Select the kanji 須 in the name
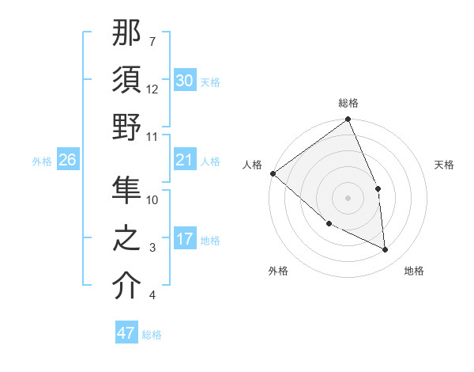click(126, 80)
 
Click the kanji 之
click(126, 238)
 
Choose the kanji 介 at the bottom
click(126, 287)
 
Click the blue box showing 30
click(185, 81)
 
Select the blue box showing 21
click(185, 161)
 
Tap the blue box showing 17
click(185, 239)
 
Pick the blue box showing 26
click(67, 161)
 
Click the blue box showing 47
click(126, 333)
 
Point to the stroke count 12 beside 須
click(152, 89)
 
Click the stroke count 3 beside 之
click(152, 248)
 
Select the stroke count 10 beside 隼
click(152, 199)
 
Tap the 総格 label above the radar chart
click(348, 103)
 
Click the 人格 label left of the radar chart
click(252, 165)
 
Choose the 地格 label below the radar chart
click(414, 271)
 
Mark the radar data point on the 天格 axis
click(378, 188)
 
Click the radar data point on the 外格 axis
click(329, 224)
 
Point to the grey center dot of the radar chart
click(348, 198)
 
